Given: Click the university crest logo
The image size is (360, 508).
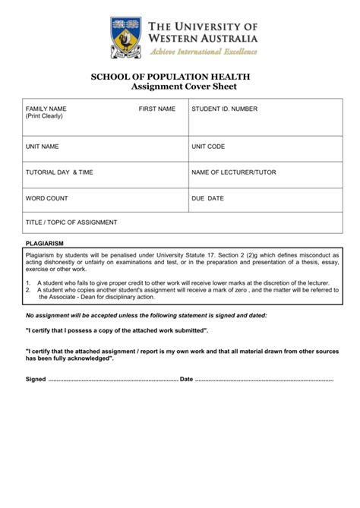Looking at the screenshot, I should [124, 38].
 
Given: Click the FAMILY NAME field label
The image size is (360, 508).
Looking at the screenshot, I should [46, 109].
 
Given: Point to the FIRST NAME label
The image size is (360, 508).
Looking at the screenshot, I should [156, 109].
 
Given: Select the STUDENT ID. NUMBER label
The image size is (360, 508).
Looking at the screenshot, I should [225, 109].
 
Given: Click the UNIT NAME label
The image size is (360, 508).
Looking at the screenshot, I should [43, 146].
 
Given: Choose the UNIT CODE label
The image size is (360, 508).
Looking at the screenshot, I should [208, 146].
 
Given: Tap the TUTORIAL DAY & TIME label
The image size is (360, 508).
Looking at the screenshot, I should [59, 172].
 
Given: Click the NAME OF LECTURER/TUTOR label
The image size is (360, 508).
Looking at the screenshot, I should [234, 172].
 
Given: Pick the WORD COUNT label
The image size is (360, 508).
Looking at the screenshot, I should [47, 198].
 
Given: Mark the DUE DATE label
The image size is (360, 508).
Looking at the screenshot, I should [207, 198].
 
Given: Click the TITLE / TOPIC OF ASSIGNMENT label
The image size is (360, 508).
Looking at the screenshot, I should [71, 222].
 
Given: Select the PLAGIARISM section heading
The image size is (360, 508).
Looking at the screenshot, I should [44, 245].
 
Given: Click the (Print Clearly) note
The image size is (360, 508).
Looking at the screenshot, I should [44, 117].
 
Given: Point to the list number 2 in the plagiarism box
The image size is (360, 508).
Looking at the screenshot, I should [27, 289].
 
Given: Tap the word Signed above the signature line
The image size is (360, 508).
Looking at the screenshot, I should [36, 378].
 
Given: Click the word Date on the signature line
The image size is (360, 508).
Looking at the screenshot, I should [186, 378].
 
